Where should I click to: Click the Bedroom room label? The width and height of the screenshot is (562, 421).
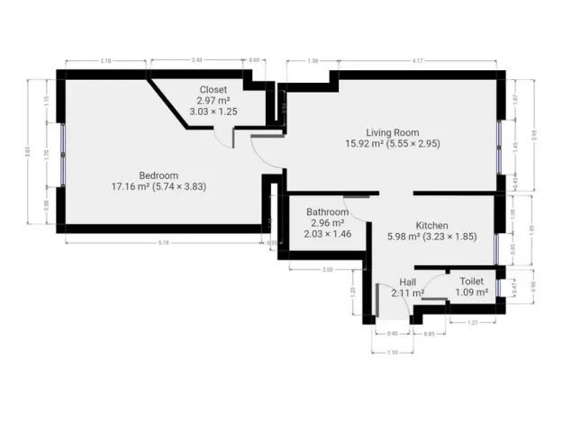point(159,175)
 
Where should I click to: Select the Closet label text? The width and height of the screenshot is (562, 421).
point(213,90)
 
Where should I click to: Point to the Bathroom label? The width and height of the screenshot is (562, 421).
point(328,212)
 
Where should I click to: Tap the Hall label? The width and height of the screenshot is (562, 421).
point(408,281)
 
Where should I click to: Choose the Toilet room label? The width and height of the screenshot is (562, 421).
point(471,282)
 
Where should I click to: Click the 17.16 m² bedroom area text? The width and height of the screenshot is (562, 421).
point(132,186)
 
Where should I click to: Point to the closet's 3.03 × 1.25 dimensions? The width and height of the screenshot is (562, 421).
point(213,112)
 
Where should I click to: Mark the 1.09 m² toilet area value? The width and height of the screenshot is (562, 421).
point(471,292)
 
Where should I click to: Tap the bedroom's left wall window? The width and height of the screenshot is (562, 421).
point(62,154)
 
